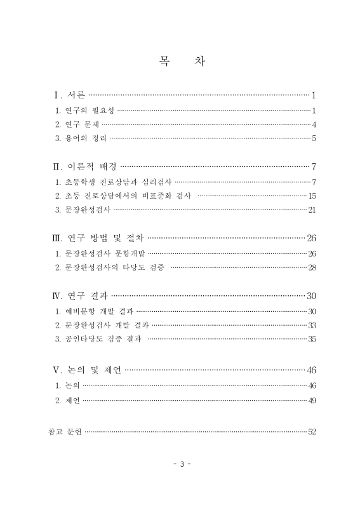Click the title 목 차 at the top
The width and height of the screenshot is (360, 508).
coord(180,62)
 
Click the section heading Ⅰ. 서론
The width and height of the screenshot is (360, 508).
coord(69,96)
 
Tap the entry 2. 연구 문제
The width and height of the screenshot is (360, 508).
coord(77,124)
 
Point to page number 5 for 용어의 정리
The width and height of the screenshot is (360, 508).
coord(314,138)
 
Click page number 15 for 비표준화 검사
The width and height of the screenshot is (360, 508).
coord(311,196)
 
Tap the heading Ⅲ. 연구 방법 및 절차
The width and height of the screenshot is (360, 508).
coord(98,239)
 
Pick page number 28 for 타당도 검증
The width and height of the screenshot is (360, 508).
coord(311,267)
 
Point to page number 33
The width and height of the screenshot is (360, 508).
coord(311,325)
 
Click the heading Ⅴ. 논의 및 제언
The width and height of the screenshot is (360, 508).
coord(86,370)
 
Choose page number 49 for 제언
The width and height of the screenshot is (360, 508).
coord(311,400)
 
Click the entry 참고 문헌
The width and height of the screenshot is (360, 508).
coord(63,432)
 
